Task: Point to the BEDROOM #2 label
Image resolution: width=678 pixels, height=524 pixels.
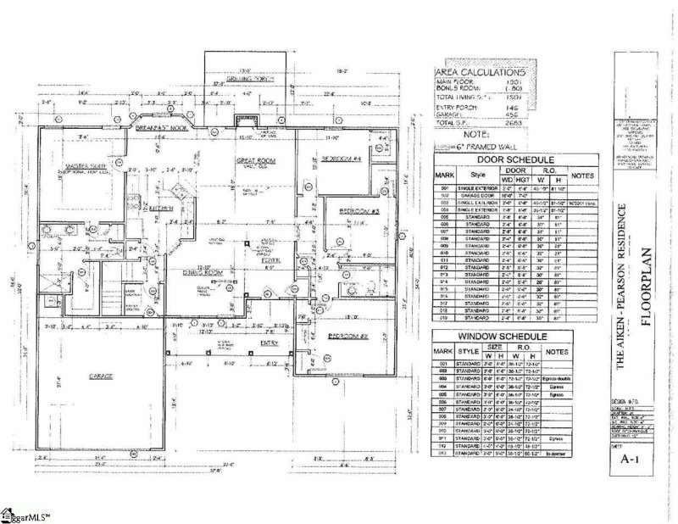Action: coord(346,337)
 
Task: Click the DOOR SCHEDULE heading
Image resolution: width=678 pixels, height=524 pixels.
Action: coord(503,159)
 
